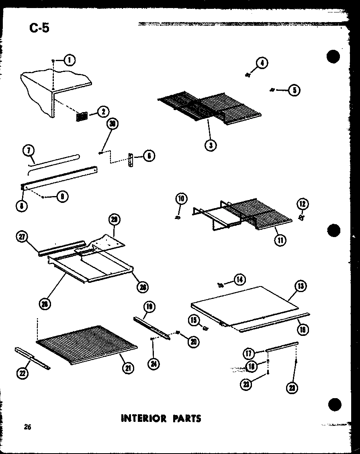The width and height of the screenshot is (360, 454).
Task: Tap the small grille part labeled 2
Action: [x=82, y=116]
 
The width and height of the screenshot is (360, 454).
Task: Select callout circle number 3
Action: [x=210, y=145]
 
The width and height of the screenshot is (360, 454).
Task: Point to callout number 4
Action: [x=262, y=63]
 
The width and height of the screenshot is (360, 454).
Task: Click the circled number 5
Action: [x=294, y=90]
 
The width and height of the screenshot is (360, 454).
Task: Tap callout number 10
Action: [x=181, y=198]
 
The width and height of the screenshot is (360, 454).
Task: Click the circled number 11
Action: [x=280, y=240]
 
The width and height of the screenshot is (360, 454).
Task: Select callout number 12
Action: [x=303, y=204]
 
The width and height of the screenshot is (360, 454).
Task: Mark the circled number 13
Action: [x=300, y=286]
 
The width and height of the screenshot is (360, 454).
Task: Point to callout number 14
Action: [x=240, y=279]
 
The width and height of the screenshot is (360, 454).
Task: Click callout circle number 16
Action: [x=302, y=329]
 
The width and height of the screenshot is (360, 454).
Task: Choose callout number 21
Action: [x=129, y=367]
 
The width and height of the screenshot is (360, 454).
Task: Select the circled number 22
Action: [x=21, y=373]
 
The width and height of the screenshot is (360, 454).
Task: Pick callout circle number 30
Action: [x=113, y=124]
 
